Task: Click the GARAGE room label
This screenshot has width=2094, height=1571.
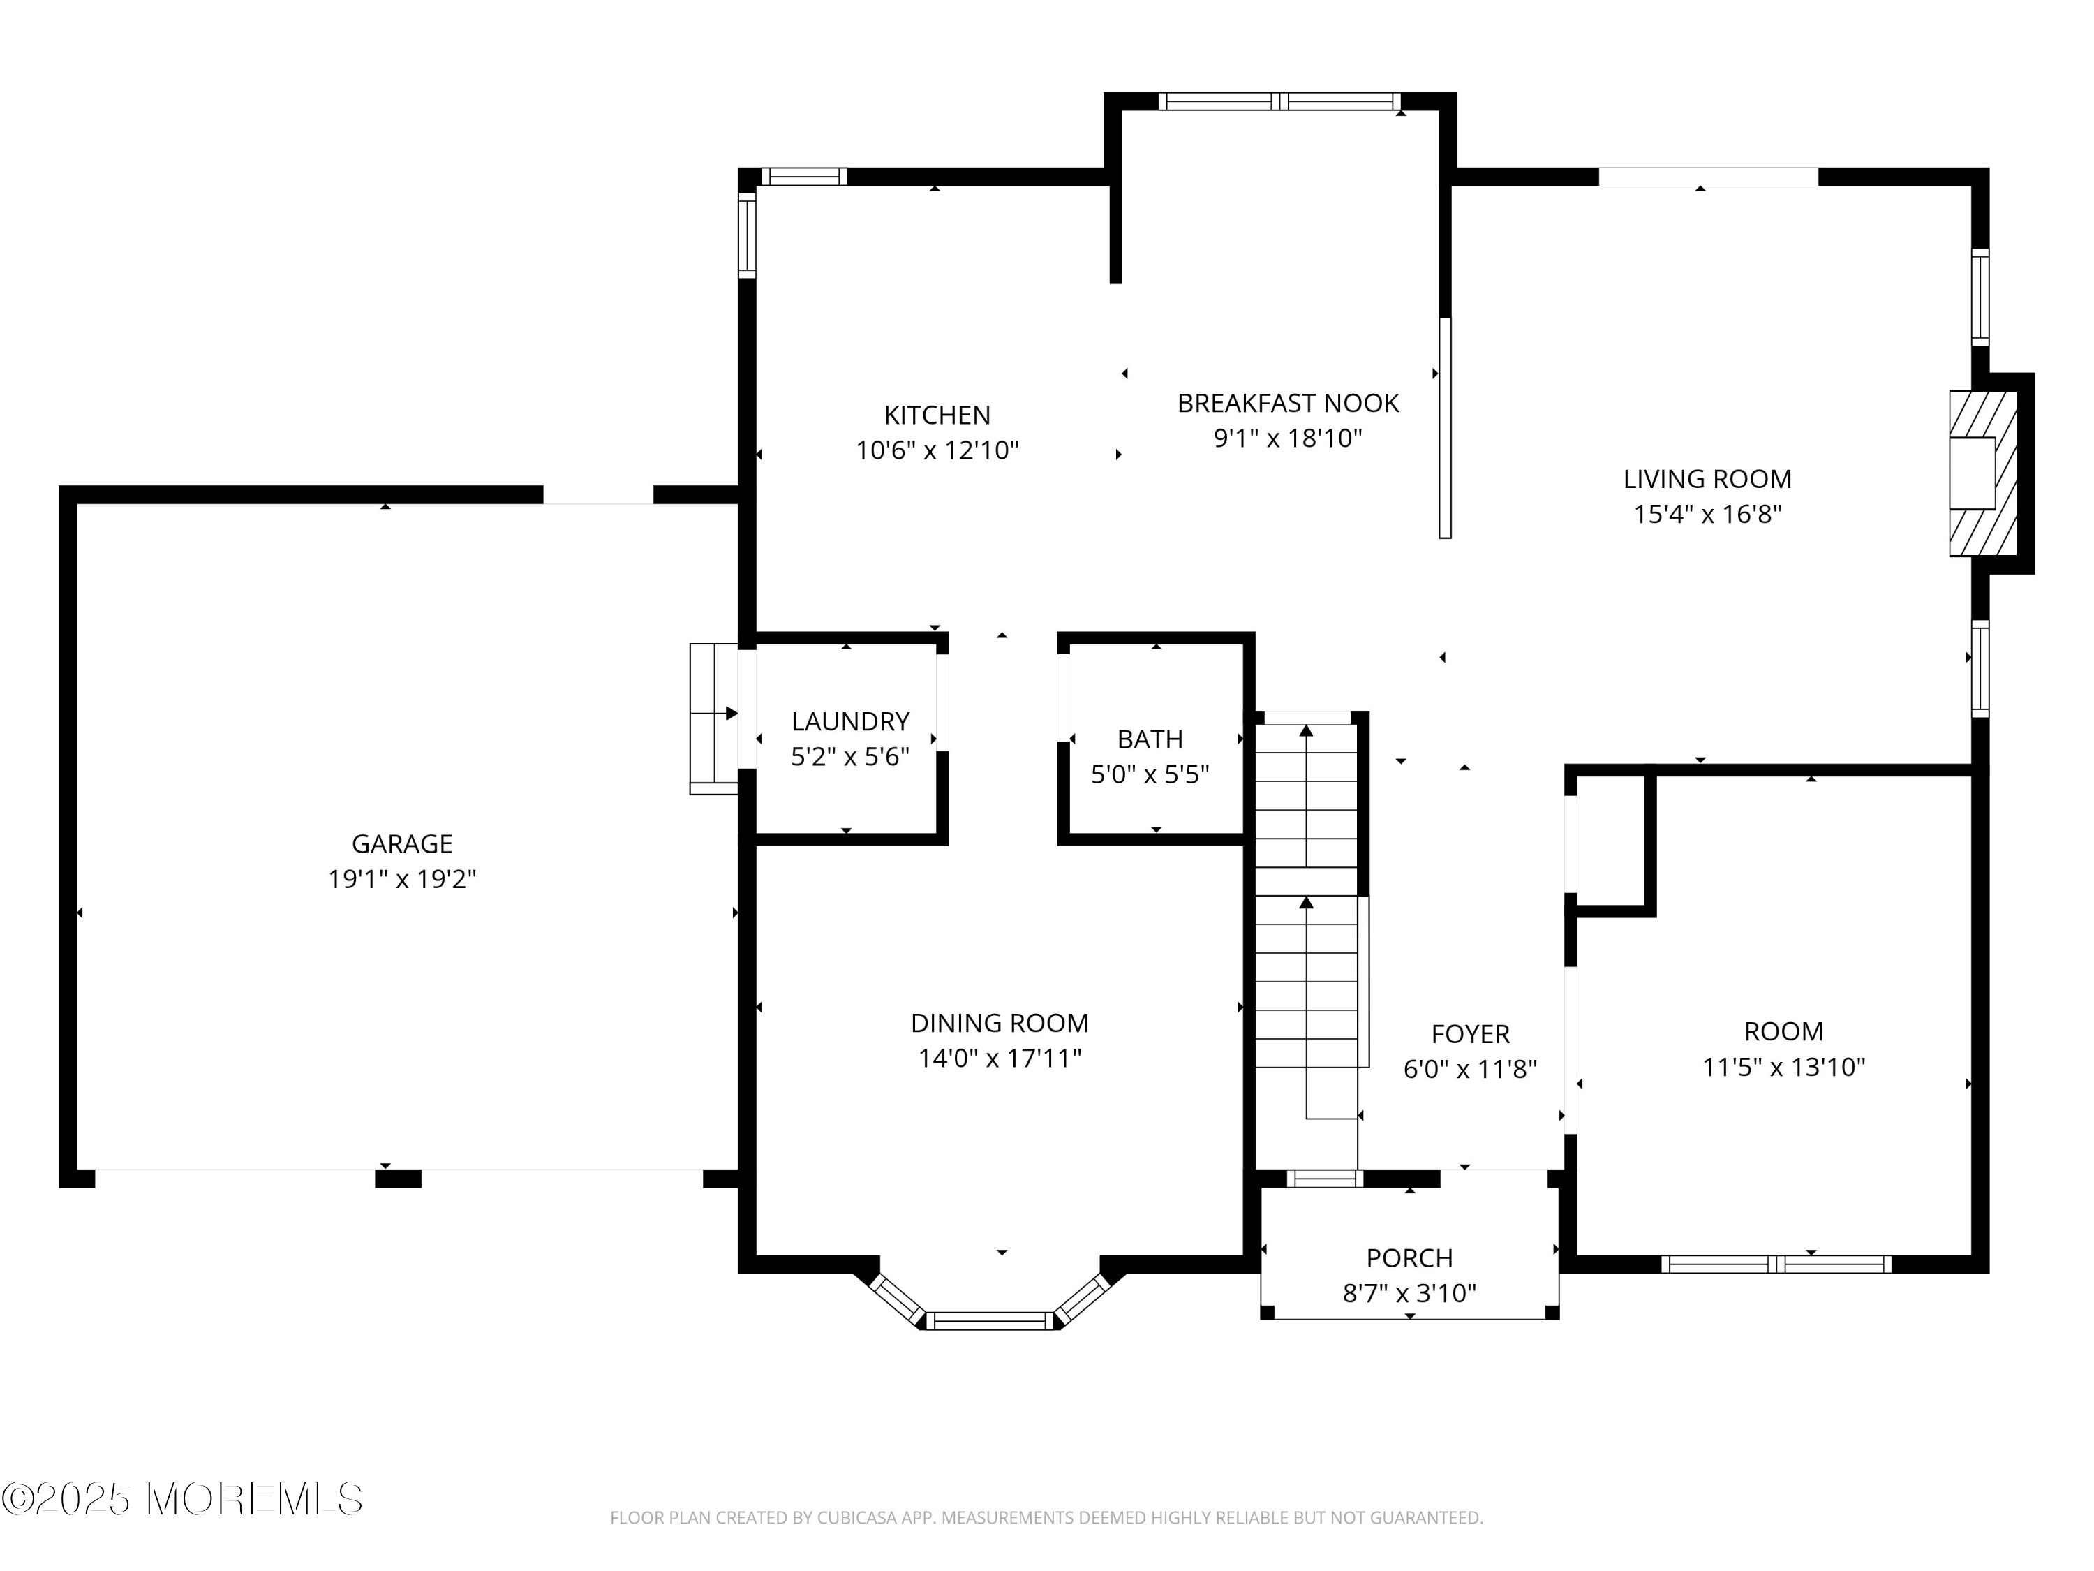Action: (401, 843)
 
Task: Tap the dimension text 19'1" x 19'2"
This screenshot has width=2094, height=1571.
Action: (401, 880)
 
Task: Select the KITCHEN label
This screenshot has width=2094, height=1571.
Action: (937, 415)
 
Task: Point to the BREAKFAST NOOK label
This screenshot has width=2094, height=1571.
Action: (1287, 404)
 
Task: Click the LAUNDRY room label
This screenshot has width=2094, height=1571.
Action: (850, 721)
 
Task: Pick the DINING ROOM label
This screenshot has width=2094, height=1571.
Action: (1000, 1023)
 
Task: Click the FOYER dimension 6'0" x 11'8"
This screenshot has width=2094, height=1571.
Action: (1469, 1069)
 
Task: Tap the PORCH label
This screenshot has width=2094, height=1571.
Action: (1409, 1257)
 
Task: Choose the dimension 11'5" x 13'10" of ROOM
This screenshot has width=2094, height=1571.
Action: (1783, 1067)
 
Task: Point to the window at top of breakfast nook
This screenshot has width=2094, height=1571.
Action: (1279, 101)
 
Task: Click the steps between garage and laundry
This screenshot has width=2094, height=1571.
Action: (713, 718)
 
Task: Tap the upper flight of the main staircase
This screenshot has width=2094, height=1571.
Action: (1307, 795)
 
